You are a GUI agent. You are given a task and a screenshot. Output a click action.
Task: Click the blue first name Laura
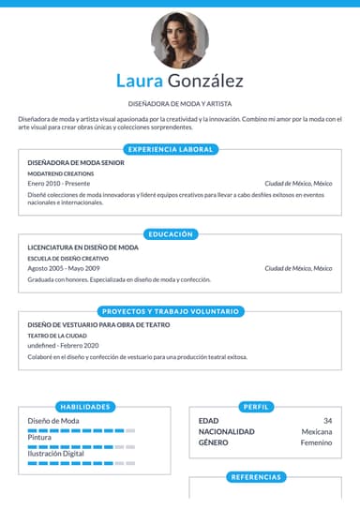[x=140, y=82]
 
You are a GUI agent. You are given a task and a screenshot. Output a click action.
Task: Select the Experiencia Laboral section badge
[x=171, y=149]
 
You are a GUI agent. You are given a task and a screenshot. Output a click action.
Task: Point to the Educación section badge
[x=171, y=233]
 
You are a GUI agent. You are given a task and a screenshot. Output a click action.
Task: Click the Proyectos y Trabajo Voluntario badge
[x=171, y=310]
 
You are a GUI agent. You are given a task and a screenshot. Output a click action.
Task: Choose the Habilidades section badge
[x=85, y=407]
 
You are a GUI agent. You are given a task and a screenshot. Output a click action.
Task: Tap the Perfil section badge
[x=256, y=407]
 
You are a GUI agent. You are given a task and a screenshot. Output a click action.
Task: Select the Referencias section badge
[x=256, y=477]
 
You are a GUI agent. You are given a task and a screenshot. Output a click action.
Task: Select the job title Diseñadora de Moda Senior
[x=76, y=163]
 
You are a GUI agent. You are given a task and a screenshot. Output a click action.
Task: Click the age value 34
[x=327, y=421]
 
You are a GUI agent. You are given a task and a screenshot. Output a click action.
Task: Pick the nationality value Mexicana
[x=316, y=431]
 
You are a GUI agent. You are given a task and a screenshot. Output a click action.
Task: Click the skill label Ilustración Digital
[x=56, y=454]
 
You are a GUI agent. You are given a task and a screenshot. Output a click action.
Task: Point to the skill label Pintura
[x=39, y=438]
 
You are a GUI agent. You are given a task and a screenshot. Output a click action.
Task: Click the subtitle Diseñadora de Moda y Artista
[x=180, y=103]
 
